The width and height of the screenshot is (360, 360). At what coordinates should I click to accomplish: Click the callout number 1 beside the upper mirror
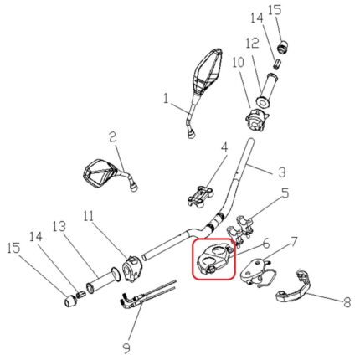166,99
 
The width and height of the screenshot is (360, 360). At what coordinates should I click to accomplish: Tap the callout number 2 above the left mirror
112,137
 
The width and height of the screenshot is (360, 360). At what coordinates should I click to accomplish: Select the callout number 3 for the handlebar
282,172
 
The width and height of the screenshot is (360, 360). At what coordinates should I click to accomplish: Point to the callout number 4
224,147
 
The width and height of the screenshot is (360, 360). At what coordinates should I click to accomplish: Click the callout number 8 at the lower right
347,301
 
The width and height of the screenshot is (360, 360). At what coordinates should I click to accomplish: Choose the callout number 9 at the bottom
126,348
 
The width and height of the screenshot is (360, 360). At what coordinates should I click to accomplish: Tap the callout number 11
89,217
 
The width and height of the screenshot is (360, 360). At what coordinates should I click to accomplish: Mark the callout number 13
59,227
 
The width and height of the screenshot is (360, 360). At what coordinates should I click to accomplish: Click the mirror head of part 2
98,173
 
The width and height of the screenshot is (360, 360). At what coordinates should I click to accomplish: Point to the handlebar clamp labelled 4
200,197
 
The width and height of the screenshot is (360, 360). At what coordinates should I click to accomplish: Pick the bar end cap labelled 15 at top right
283,45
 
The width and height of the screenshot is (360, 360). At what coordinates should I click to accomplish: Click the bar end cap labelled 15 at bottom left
70,301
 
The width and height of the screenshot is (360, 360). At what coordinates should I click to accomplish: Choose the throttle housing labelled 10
256,120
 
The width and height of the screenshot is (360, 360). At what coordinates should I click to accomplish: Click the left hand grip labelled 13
102,282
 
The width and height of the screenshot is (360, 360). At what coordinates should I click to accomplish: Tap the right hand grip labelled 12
268,90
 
